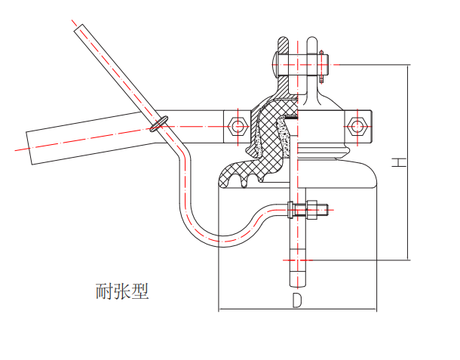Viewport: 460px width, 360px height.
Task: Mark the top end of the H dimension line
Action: [x=407, y=66]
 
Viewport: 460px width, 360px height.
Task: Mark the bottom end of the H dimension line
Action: [x=407, y=260]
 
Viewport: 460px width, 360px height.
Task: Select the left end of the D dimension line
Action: [x=218, y=309]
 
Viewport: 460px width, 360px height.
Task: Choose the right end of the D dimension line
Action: [x=377, y=309]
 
